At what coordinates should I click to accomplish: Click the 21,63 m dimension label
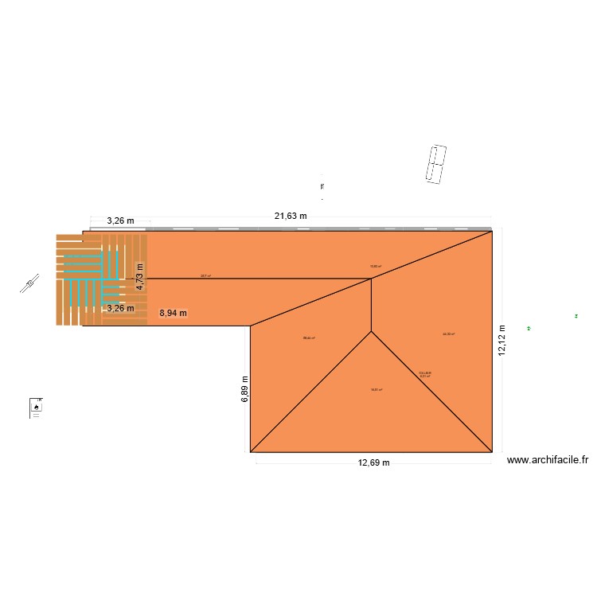[x=291, y=216]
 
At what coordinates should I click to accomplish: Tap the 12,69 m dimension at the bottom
[x=373, y=462]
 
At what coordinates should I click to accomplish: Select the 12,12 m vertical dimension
[x=501, y=340]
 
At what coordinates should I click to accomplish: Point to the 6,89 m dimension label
[x=245, y=389]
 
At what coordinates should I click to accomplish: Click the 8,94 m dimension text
[x=174, y=313]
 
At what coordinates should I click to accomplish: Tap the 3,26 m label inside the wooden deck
[x=120, y=308]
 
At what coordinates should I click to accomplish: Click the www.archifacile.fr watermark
[x=547, y=459]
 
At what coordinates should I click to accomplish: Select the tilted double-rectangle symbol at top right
[x=435, y=166]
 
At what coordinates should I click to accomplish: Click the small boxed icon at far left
[x=36, y=407]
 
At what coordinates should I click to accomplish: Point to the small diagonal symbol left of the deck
[x=31, y=283]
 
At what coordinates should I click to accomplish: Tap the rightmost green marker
[x=576, y=317]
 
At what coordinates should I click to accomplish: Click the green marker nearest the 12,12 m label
[x=528, y=328]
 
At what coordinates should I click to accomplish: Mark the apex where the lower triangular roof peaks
[x=371, y=331]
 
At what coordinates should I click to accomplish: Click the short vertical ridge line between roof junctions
[x=371, y=305]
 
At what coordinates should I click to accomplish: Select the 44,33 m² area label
[x=449, y=334]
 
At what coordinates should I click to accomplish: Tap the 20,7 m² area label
[x=205, y=276]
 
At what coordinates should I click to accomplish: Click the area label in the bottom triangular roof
[x=376, y=389]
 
